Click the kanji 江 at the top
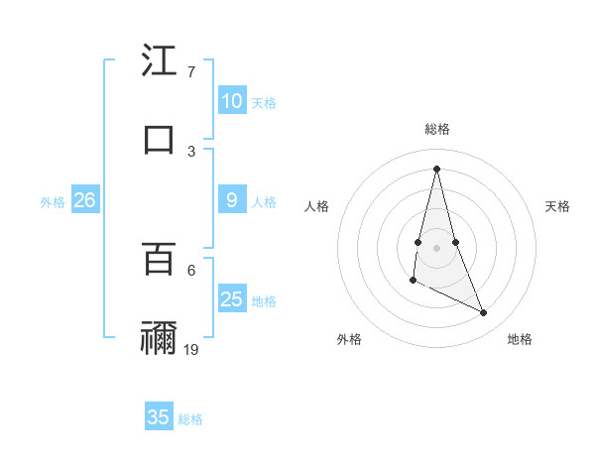click(x=159, y=61)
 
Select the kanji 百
click(x=159, y=259)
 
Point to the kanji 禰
click(x=159, y=337)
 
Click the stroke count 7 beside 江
click(x=190, y=72)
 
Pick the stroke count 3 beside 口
click(x=191, y=151)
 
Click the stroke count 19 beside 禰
click(x=191, y=349)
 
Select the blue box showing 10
click(x=231, y=101)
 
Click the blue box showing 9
click(x=231, y=200)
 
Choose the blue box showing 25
click(x=231, y=299)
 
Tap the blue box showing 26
click(x=84, y=200)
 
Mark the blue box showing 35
click(x=159, y=417)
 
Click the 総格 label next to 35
click(x=190, y=419)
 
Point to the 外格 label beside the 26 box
click(x=53, y=202)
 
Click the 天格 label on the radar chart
click(x=557, y=206)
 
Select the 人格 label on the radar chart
click(x=316, y=206)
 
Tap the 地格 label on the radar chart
click(x=520, y=339)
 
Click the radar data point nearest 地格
click(x=484, y=313)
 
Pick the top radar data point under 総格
click(x=436, y=168)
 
